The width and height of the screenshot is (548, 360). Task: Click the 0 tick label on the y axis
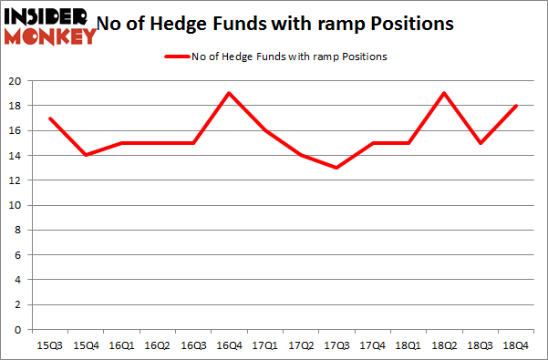click(19, 330)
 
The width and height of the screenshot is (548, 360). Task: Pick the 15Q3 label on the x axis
click(50, 345)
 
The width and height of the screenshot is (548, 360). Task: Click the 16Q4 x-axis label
click(229, 345)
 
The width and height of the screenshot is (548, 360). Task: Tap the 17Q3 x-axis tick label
click(336, 345)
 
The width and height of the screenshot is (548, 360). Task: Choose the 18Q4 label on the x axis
click(514, 345)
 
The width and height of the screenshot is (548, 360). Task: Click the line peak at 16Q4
click(229, 93)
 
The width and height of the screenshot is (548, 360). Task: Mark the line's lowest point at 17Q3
click(336, 168)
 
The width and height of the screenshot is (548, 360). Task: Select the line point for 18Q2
click(443, 93)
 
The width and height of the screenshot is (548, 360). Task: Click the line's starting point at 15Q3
click(50, 118)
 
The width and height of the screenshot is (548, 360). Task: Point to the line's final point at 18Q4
click(514, 106)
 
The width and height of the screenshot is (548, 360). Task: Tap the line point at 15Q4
click(86, 155)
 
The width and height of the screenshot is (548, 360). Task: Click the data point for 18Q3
click(479, 143)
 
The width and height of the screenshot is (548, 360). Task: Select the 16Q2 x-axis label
click(157, 345)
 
